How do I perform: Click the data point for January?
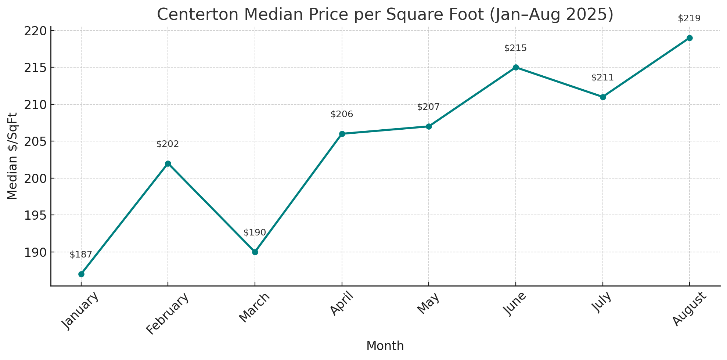click(x=81, y=274)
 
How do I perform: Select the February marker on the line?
click(x=168, y=163)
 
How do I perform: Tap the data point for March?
click(x=255, y=252)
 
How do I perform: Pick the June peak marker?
click(x=516, y=67)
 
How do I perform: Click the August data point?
click(x=690, y=38)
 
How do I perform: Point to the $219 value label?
click(x=689, y=18)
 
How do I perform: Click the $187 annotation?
click(x=81, y=255)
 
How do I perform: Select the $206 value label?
click(x=342, y=114)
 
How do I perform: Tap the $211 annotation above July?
click(x=602, y=78)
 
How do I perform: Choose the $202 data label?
click(x=168, y=144)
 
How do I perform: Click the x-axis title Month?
click(x=385, y=346)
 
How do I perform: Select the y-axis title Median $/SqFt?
click(x=12, y=156)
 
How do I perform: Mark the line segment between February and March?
click(x=212, y=208)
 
